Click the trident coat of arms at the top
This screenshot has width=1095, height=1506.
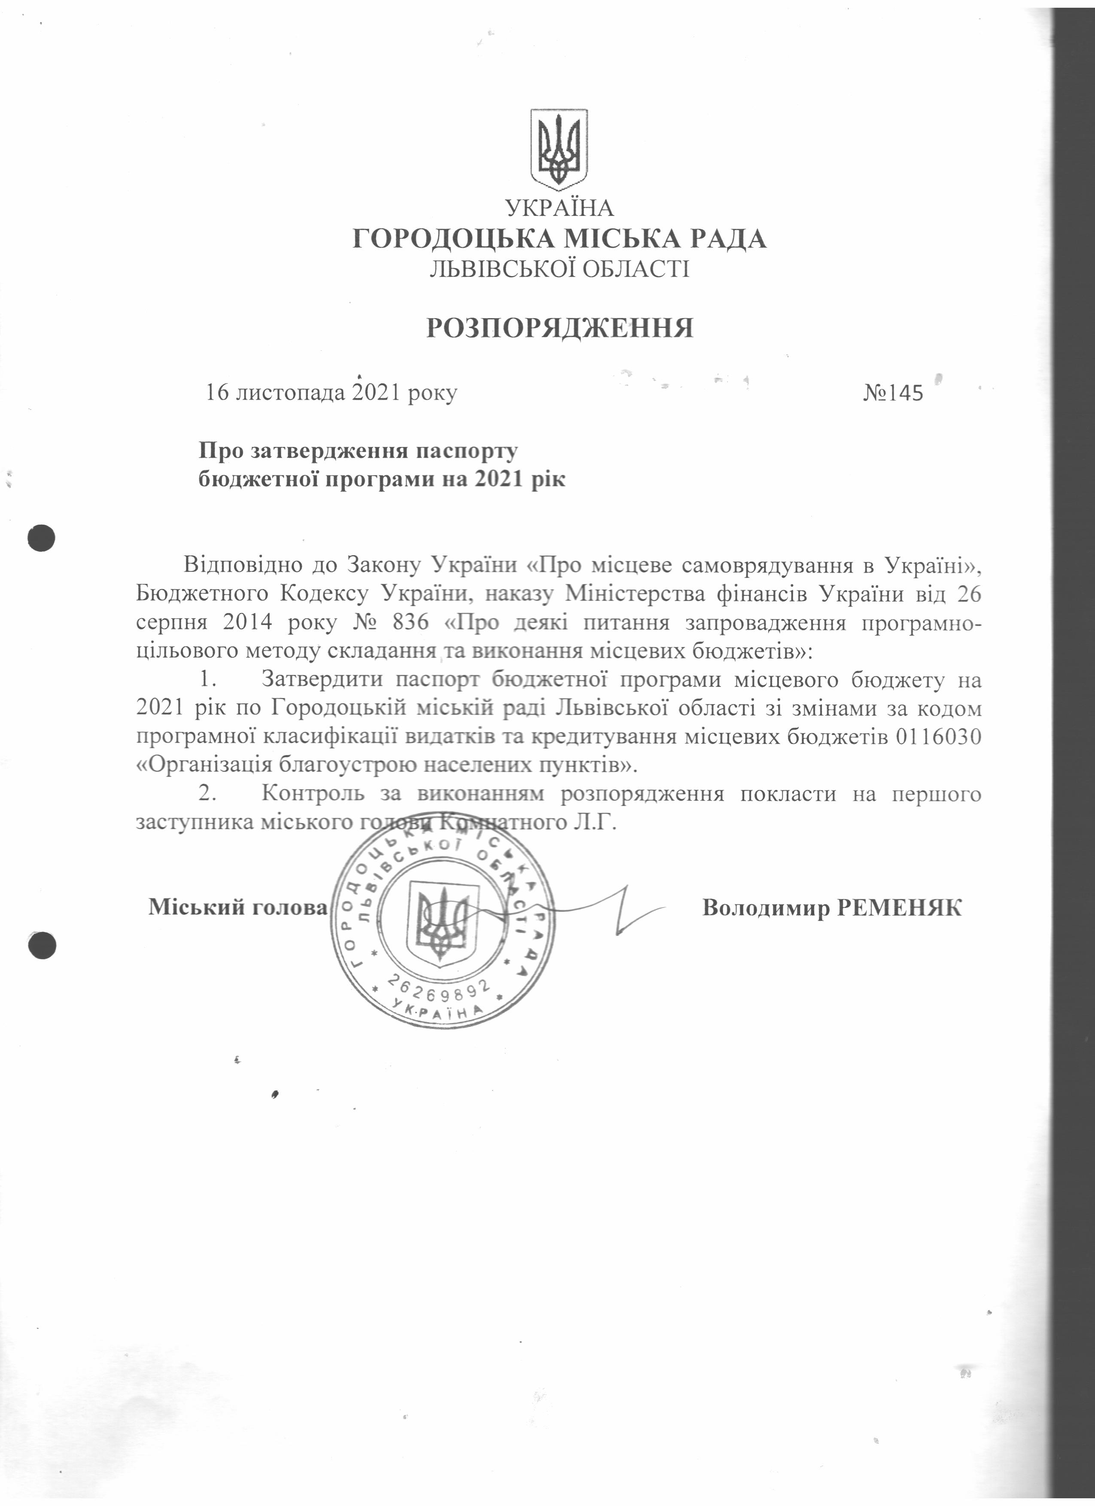click(559, 147)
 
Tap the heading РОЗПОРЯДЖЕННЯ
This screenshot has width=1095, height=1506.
click(560, 328)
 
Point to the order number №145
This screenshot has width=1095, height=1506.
click(893, 393)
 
